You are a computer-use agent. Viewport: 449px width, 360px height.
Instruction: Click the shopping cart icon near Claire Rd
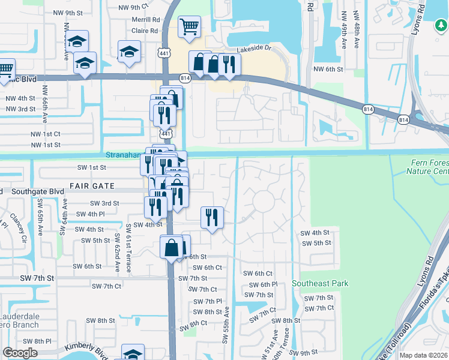[x=189, y=26]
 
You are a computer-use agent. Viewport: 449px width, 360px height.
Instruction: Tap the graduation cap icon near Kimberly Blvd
[x=133, y=353]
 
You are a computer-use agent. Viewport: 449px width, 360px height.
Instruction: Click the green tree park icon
[x=441, y=25]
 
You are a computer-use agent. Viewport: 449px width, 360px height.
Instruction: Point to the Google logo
[x=20, y=353]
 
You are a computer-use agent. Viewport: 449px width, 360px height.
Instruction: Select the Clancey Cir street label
[x=17, y=226]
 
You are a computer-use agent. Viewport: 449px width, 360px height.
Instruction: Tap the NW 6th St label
[x=328, y=70]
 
